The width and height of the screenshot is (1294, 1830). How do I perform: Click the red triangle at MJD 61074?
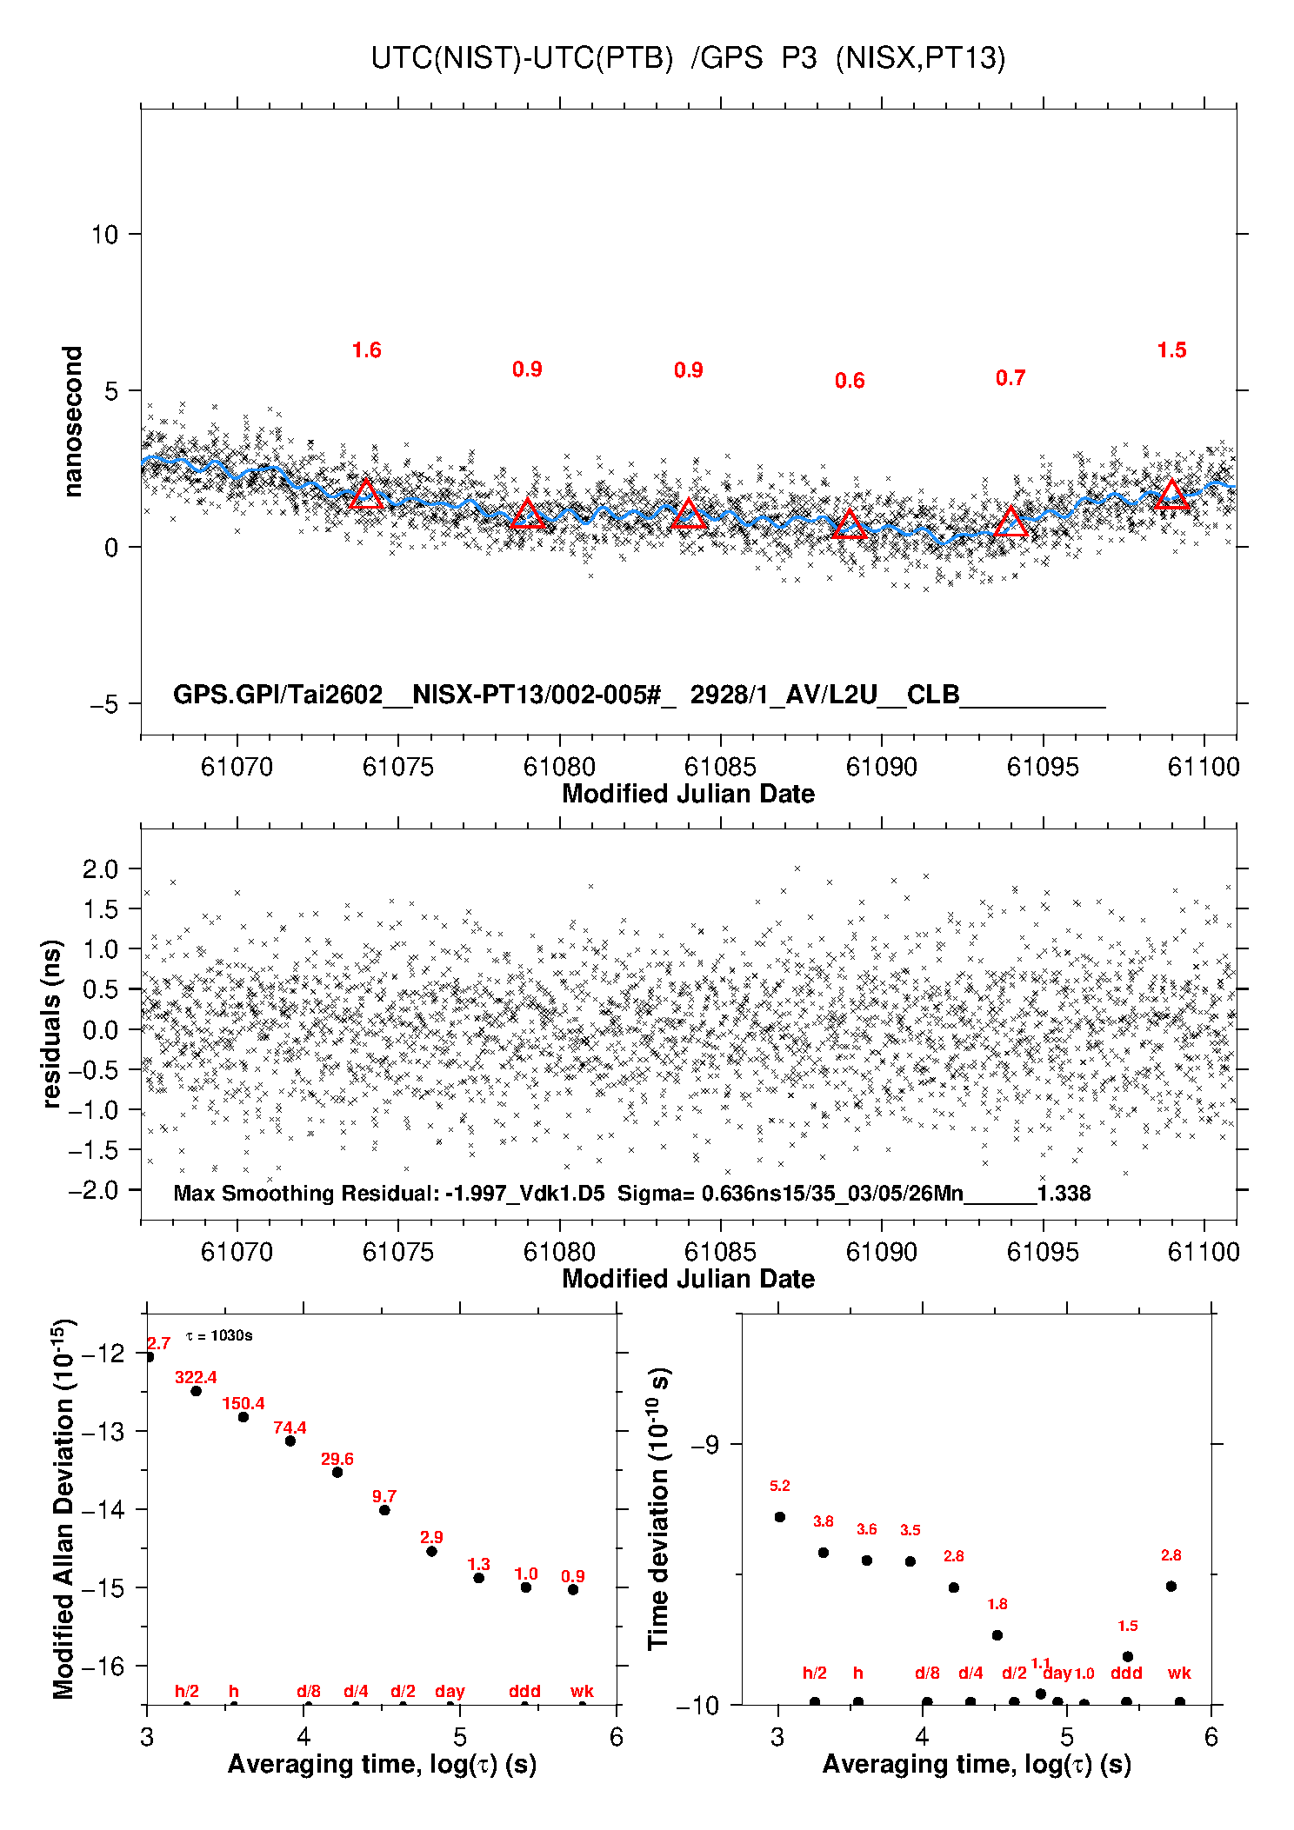[x=366, y=495]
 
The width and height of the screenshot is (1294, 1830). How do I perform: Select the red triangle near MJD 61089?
[x=850, y=524]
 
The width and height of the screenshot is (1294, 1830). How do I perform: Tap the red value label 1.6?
[x=366, y=350]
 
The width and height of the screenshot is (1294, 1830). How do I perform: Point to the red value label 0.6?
[x=850, y=381]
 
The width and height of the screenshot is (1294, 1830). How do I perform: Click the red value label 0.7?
[x=1011, y=378]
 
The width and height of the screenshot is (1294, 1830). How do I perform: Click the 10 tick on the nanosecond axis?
[x=104, y=235]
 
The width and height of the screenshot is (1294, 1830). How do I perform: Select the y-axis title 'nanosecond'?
[x=73, y=422]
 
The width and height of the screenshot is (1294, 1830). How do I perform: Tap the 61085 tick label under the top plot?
[x=720, y=767]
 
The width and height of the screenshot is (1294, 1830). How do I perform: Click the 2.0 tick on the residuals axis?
[x=100, y=869]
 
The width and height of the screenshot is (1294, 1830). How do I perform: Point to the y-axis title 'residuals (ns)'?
[x=52, y=1023]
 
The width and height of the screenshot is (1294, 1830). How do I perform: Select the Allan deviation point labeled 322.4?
[x=197, y=1391]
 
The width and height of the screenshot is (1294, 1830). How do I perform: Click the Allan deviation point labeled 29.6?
[x=337, y=1472]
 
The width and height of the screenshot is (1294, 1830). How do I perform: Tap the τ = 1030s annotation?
[x=219, y=1335]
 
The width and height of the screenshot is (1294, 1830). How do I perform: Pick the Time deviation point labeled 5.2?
[x=780, y=1517]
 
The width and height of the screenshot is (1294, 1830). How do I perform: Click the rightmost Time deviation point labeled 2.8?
[x=1171, y=1587]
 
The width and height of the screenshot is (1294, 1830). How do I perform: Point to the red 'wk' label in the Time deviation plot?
[x=1179, y=1674]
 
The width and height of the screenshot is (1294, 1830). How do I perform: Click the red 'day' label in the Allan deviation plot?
[x=450, y=1691]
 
